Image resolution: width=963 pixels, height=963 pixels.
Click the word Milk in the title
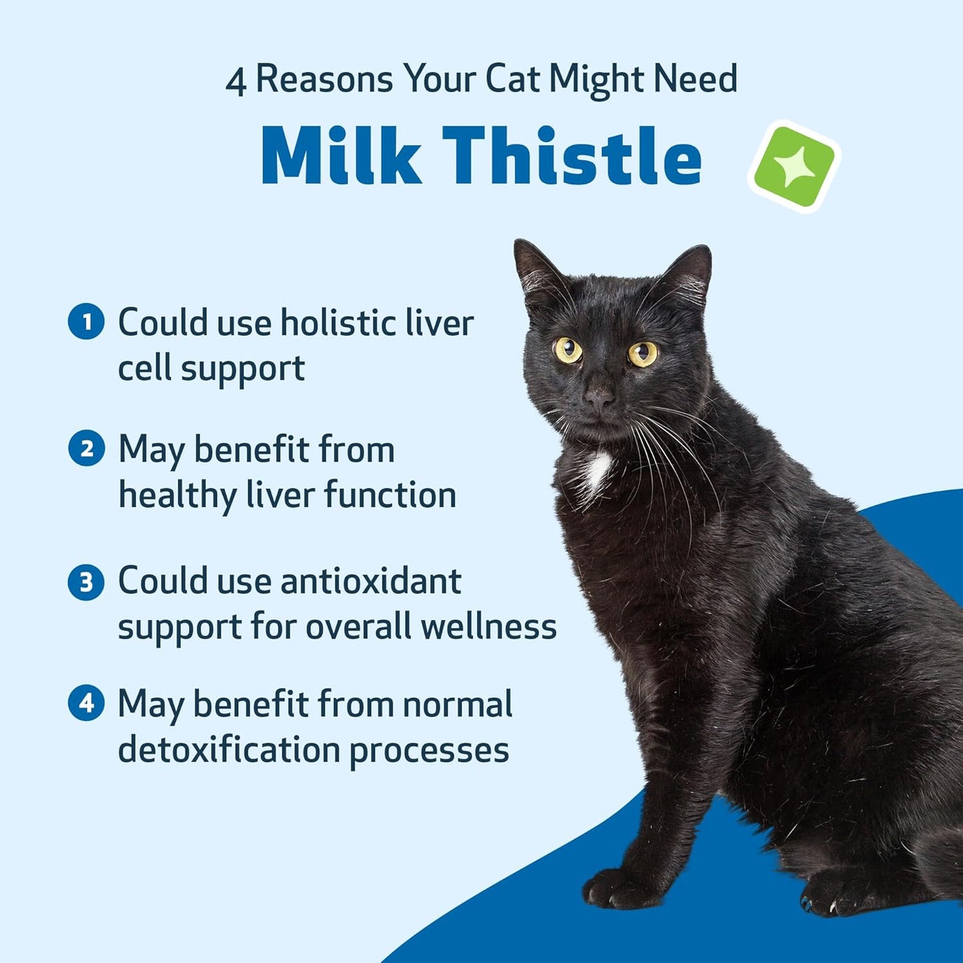click(341, 156)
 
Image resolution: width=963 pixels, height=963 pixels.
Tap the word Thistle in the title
click(572, 156)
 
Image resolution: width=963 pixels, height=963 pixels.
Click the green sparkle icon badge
click(794, 167)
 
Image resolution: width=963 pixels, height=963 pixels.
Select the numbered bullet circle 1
click(86, 322)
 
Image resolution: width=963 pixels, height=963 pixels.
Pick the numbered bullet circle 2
click(86, 449)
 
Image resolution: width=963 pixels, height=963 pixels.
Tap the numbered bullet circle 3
click(86, 582)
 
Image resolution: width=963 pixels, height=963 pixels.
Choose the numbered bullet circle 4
click(86, 703)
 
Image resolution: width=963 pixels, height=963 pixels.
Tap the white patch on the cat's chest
click(596, 470)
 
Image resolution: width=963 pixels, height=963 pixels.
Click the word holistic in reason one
click(330, 323)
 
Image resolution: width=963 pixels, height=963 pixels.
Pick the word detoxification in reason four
click(229, 749)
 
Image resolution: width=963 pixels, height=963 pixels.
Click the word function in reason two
click(390, 495)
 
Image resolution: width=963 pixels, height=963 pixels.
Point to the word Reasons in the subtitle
click(325, 80)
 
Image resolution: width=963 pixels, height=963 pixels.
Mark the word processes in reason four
click(429, 750)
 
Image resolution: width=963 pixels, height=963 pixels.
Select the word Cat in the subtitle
click(512, 79)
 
